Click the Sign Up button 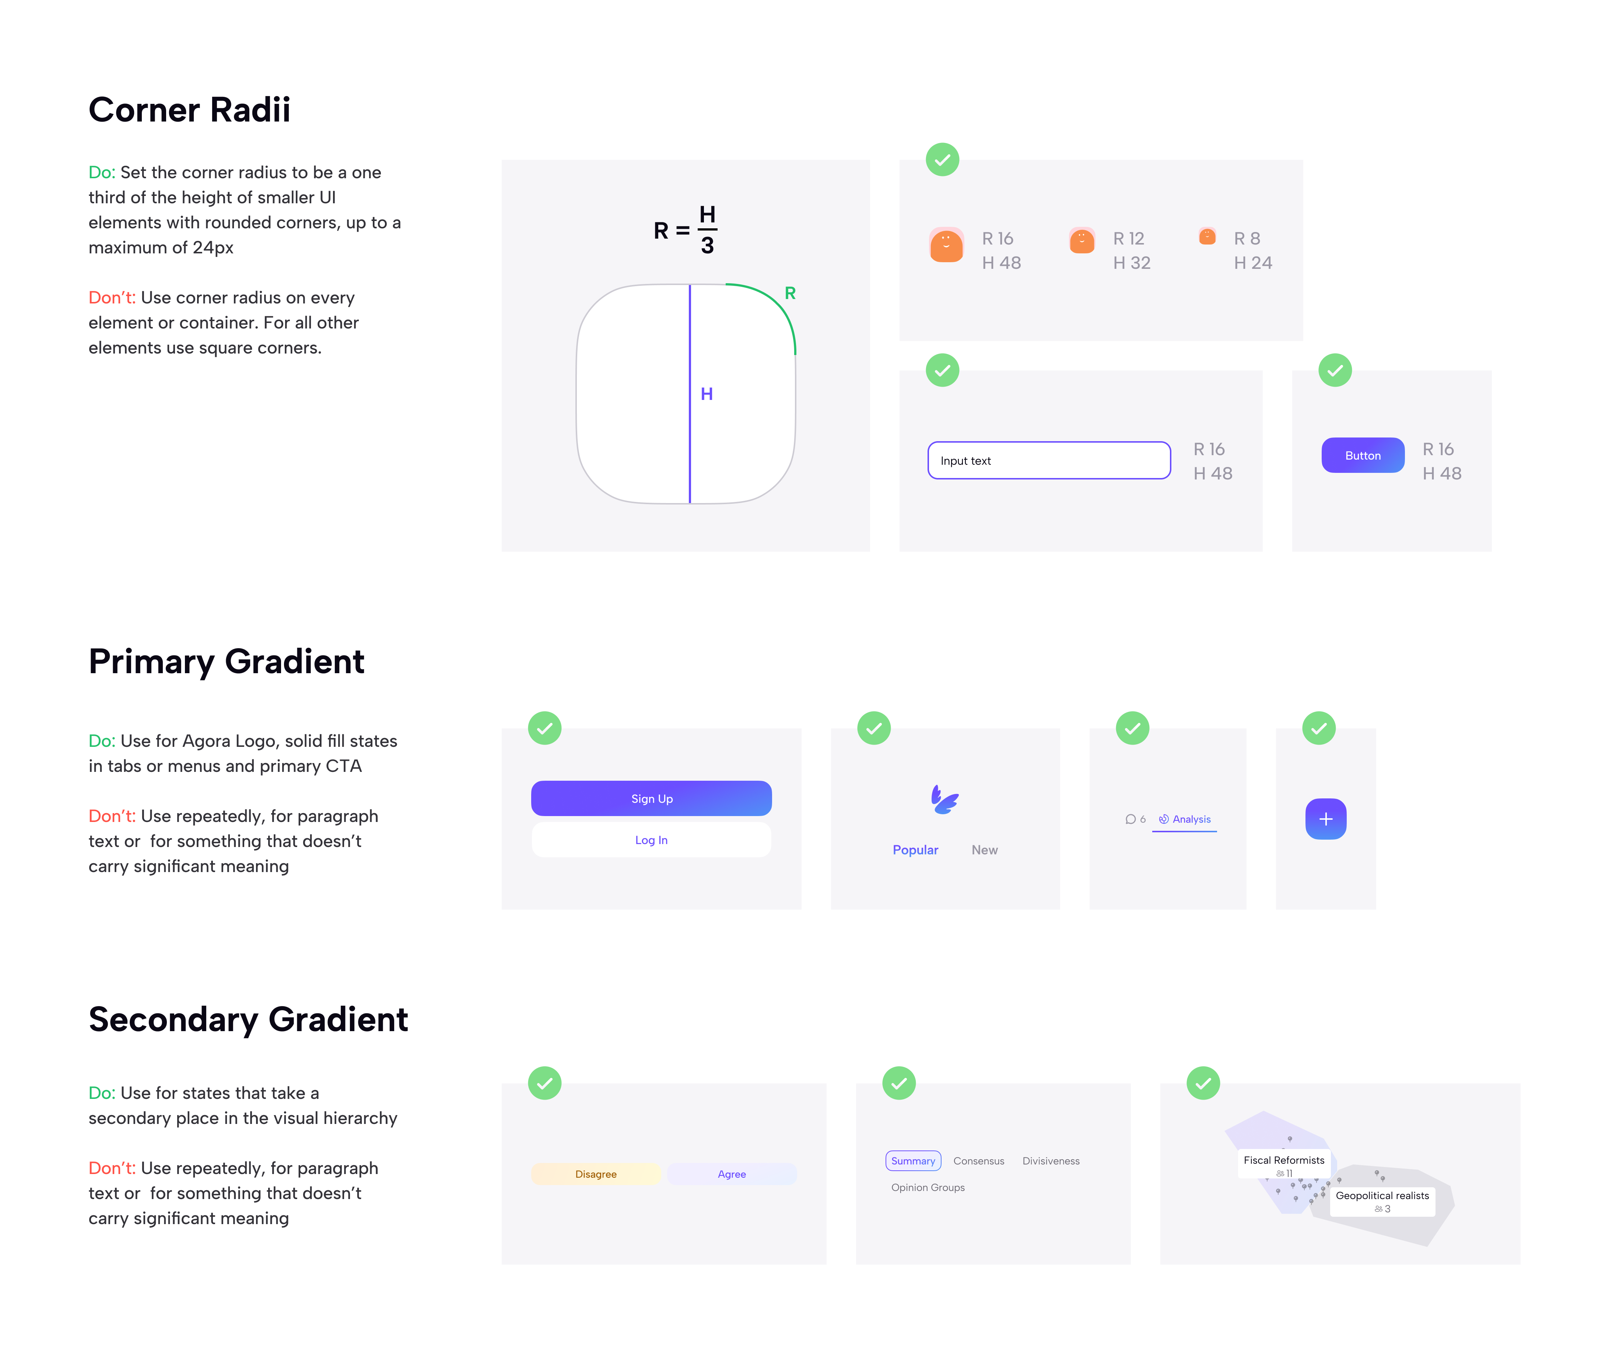(651, 798)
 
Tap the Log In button (651, 840)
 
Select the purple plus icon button (1325, 819)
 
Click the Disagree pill (595, 1174)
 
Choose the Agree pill (731, 1174)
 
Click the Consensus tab (978, 1160)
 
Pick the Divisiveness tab (1051, 1160)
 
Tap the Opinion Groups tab (928, 1187)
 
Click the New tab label (984, 850)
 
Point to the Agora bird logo (944, 799)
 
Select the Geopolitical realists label (1382, 1196)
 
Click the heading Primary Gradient (226, 661)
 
